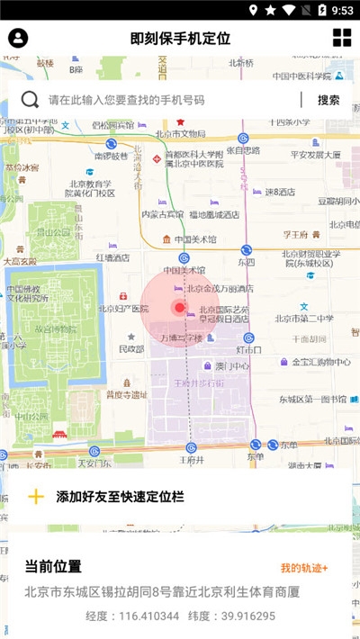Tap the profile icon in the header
pyautogui.click(x=18, y=38)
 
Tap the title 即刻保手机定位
pyautogui.click(x=180, y=39)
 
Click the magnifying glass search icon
pyautogui.click(x=31, y=100)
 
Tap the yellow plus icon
pyautogui.click(x=36, y=496)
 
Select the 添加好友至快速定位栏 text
pyautogui.click(x=120, y=496)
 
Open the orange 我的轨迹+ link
pyautogui.click(x=304, y=568)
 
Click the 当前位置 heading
pyautogui.click(x=53, y=566)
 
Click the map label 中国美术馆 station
pyautogui.click(x=184, y=270)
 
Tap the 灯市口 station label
pyautogui.click(x=248, y=348)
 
